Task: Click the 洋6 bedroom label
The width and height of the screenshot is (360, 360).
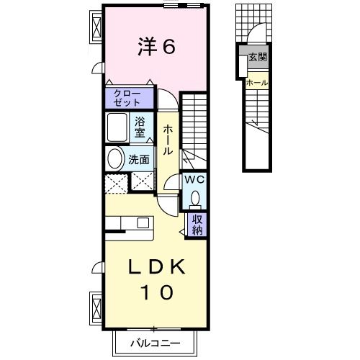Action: coord(156,47)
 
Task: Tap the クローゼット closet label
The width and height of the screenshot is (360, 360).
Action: coord(130,98)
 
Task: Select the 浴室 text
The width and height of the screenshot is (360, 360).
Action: coord(140,127)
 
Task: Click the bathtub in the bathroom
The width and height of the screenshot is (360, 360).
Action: coord(118,128)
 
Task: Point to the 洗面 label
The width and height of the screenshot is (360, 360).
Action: coord(139,160)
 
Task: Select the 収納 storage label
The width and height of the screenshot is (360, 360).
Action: coord(196,224)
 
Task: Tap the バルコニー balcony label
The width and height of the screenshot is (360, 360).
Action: coord(155,341)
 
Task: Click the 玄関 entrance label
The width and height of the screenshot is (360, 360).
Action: coord(257,58)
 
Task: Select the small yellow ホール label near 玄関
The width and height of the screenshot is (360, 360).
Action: coord(257,82)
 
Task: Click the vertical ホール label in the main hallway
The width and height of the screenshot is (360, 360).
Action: coord(167,140)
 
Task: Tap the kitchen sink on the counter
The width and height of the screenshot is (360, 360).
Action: coord(143,222)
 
